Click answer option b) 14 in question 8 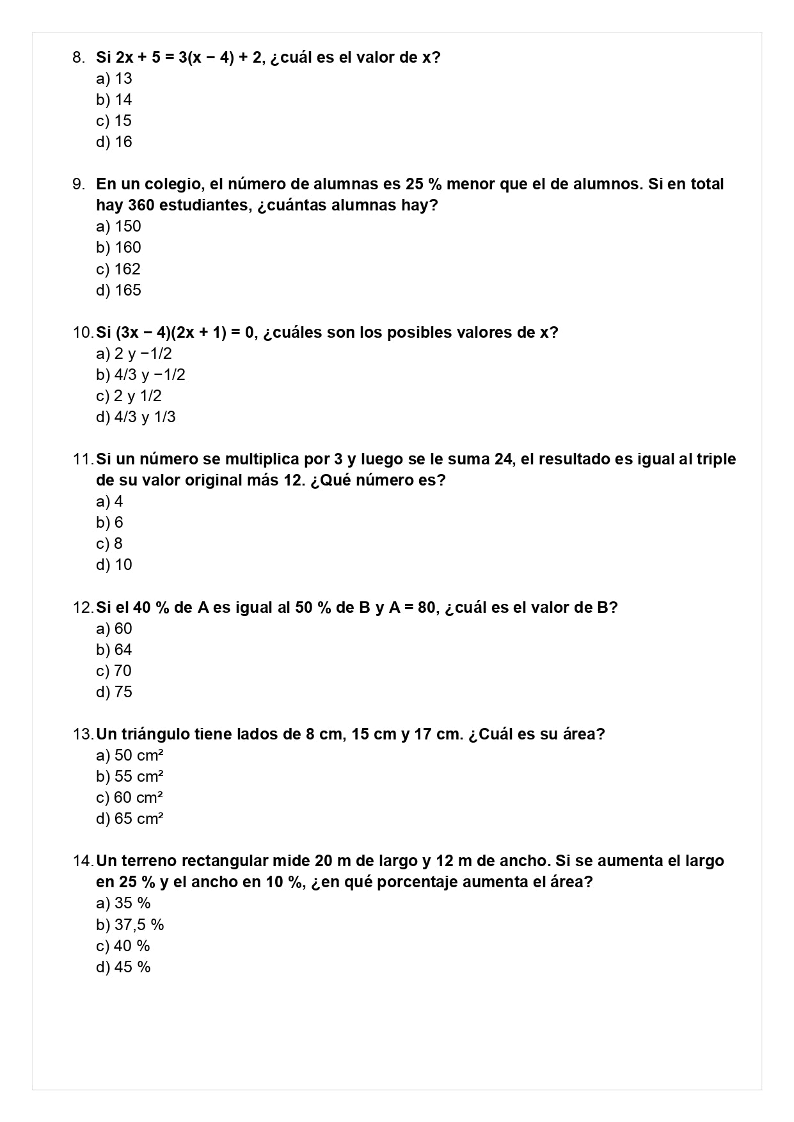114,100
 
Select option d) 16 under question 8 114,142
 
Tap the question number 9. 78,184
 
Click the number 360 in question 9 141,205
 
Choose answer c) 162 118,269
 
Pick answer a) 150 118,226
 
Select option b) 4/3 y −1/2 141,375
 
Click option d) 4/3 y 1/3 136,417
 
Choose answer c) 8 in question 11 109,544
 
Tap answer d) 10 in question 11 114,565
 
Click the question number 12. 83,608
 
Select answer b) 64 114,650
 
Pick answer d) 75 114,692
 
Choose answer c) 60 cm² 130,798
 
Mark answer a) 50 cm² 130,755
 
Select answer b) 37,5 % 130,925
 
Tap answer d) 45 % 123,967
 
